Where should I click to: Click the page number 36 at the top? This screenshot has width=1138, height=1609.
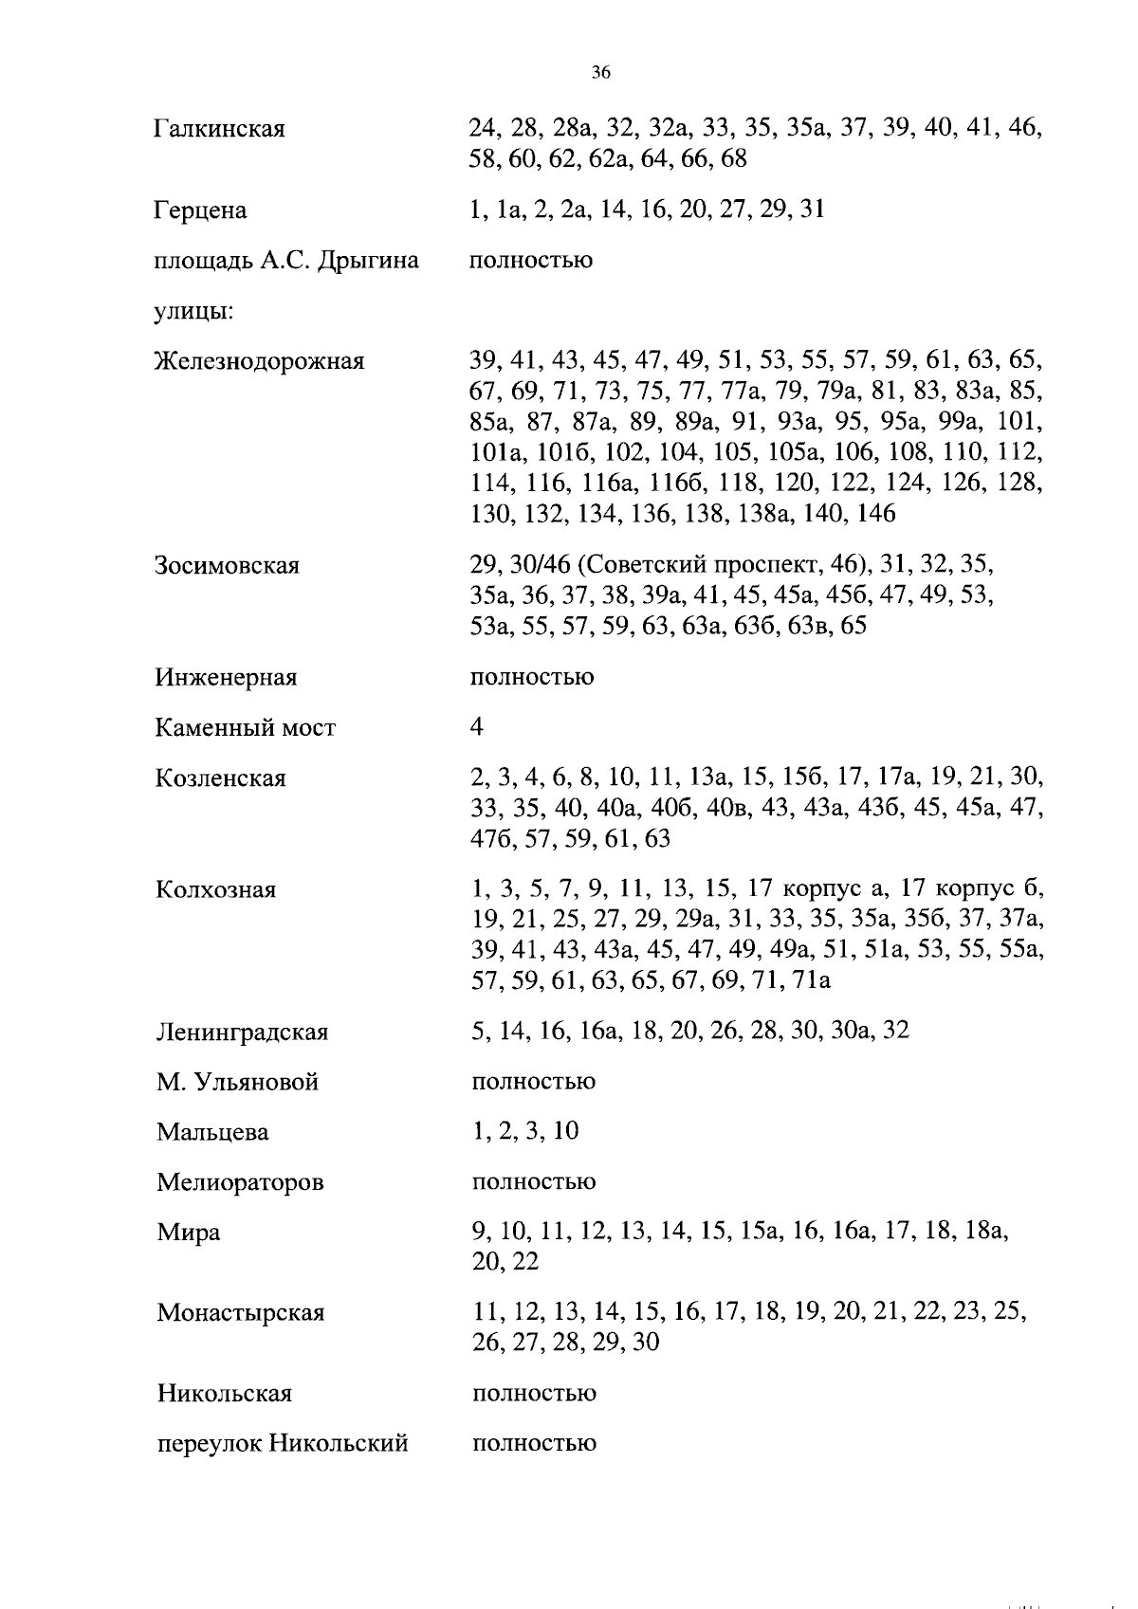[x=600, y=72]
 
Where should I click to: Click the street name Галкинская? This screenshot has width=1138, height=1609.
[x=219, y=129]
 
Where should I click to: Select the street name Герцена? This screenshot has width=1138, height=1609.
[x=200, y=210]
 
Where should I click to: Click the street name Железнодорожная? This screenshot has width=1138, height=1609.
[x=259, y=361]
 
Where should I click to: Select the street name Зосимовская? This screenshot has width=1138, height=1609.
[x=227, y=566]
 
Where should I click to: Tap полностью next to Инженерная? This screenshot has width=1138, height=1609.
[x=532, y=678]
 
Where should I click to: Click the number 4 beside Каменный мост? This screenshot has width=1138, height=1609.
[x=477, y=727]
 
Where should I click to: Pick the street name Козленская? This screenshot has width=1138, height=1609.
[x=220, y=778]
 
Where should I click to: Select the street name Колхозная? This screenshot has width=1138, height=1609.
[x=215, y=890]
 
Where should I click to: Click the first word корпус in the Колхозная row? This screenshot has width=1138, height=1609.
[x=822, y=890]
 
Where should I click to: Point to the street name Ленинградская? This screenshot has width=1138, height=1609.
[x=242, y=1032]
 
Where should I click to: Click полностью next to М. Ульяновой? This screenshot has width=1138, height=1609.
[x=533, y=1082]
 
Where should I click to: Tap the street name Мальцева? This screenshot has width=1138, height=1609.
[x=212, y=1132]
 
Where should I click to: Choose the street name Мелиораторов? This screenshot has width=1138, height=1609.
[x=240, y=1182]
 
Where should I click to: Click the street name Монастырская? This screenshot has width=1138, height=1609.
[x=241, y=1313]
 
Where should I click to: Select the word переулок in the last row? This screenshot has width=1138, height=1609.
[x=209, y=1444]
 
